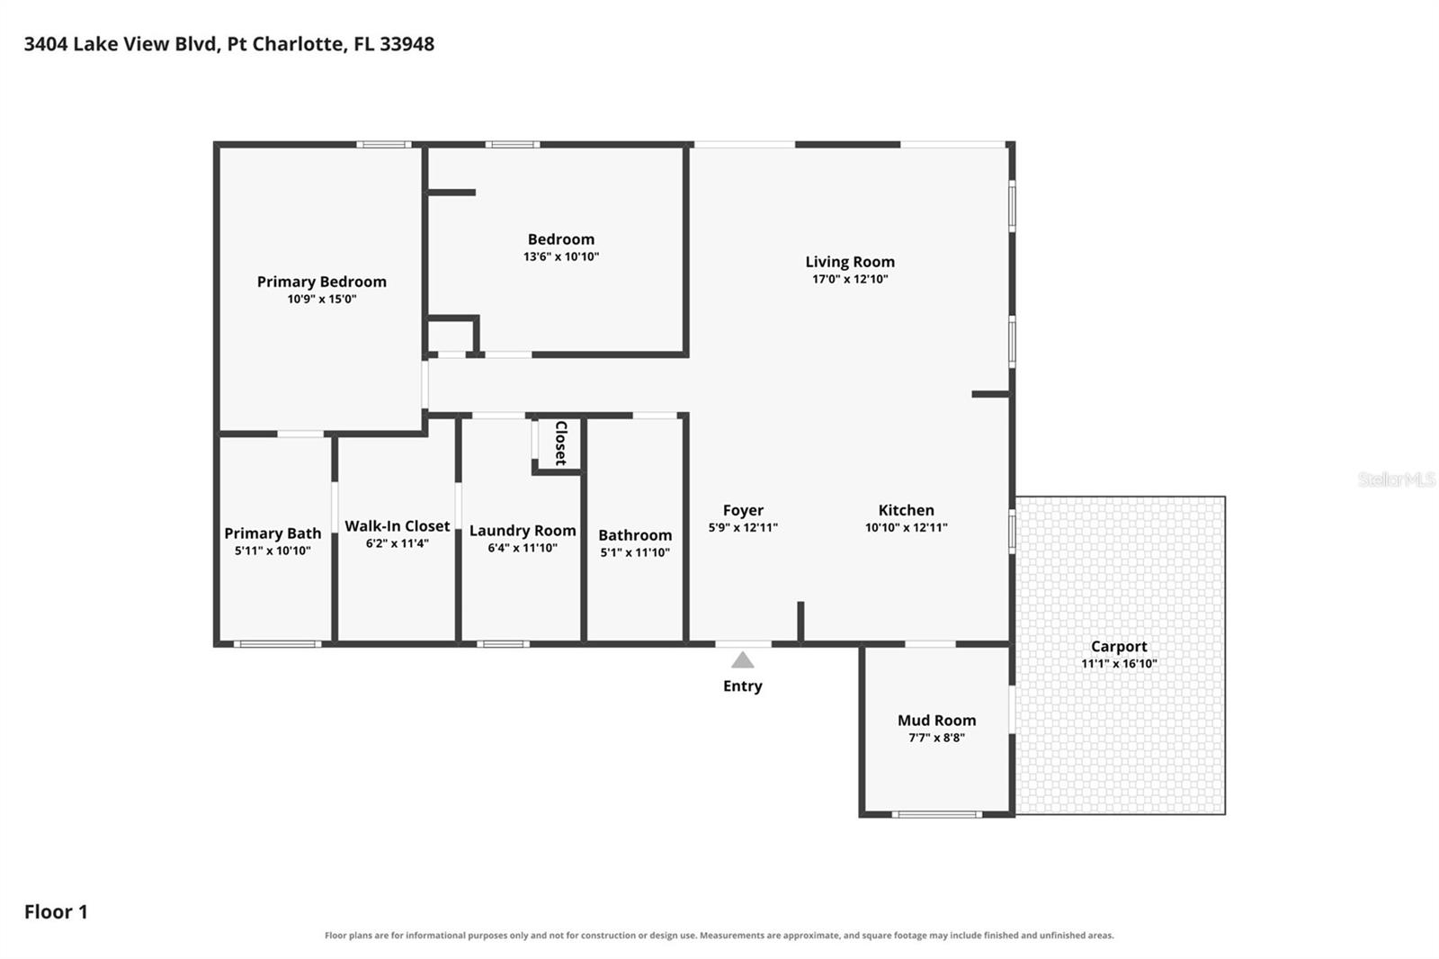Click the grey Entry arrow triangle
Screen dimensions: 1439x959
[743, 660]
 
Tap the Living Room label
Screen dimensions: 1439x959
[850, 262]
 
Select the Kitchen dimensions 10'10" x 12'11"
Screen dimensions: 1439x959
[906, 528]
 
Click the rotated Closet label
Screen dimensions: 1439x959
[561, 444]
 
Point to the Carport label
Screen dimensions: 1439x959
[1119, 647]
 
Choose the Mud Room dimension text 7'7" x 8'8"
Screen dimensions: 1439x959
[936, 738]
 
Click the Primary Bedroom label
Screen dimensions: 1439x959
[322, 282]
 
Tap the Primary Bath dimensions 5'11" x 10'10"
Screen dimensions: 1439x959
[273, 551]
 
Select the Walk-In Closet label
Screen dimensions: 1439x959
[397, 525]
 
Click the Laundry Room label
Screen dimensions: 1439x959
[523, 531]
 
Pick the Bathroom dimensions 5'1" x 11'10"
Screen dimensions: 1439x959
[635, 552]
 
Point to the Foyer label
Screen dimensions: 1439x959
[743, 510]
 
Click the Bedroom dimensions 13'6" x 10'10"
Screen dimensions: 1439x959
[561, 256]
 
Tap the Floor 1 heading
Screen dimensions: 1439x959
[56, 912]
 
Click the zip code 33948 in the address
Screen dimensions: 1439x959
[407, 44]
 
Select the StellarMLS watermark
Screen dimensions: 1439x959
[1396, 479]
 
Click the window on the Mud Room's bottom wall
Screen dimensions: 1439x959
[936, 814]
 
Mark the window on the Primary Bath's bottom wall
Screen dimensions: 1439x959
[278, 644]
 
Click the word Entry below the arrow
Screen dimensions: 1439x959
[743, 686]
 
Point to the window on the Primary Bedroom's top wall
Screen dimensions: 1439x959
[384, 145]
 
